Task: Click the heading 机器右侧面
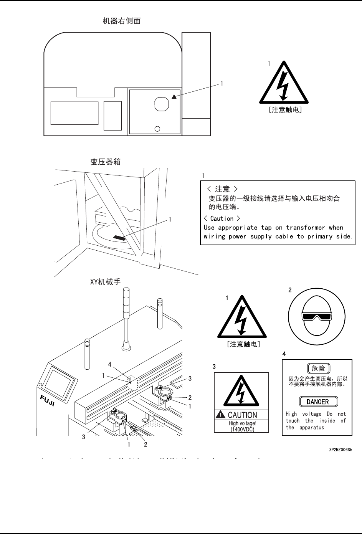click(x=121, y=21)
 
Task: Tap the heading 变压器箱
click(x=106, y=162)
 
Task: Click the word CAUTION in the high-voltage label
click(x=242, y=415)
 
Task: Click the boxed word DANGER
click(x=318, y=402)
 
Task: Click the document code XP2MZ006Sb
click(x=340, y=449)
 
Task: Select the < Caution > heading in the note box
click(x=222, y=218)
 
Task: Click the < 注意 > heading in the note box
click(x=222, y=189)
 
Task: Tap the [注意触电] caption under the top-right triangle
click(x=284, y=110)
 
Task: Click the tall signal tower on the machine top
click(x=126, y=319)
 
